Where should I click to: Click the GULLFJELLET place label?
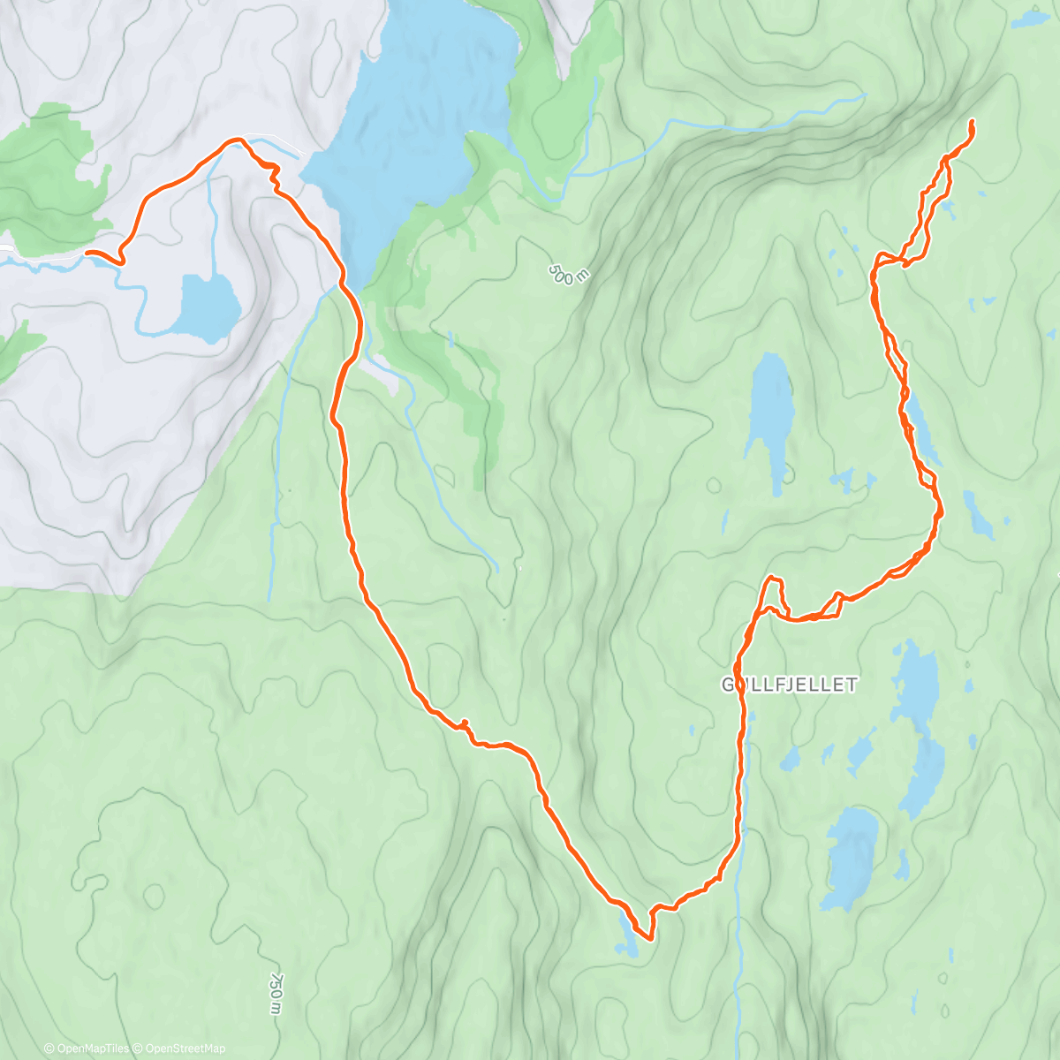pos(789,685)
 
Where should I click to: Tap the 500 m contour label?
pos(567,274)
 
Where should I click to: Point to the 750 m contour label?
pos(276,994)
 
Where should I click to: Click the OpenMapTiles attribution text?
pos(87,1049)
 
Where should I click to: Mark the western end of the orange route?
pos(87,254)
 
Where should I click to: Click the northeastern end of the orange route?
pos(972,121)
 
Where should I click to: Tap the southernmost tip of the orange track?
pos(650,939)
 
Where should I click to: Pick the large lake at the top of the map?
pos(415,115)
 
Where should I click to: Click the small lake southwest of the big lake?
pos(209,307)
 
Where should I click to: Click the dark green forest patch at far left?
pos(49,177)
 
